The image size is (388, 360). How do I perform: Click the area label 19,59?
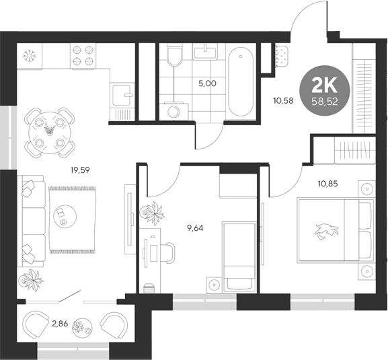coord(80,170)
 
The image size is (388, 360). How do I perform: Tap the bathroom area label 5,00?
coord(207,84)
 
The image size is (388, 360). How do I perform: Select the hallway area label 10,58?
coord(283,102)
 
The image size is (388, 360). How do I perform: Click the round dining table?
coord(49,131)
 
